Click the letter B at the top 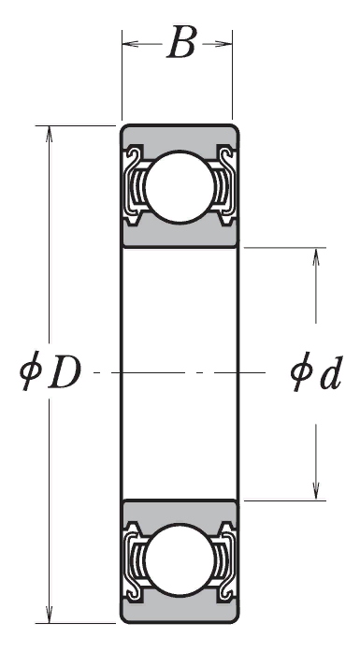coord(181,42)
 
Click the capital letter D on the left coord(65,373)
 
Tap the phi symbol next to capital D coord(30,370)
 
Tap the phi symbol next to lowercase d coord(301,371)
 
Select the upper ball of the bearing coord(180,186)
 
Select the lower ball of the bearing coord(180,559)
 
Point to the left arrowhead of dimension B coord(130,43)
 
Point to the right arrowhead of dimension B coord(224,43)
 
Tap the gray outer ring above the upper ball coord(180,137)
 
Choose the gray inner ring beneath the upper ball coord(180,235)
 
